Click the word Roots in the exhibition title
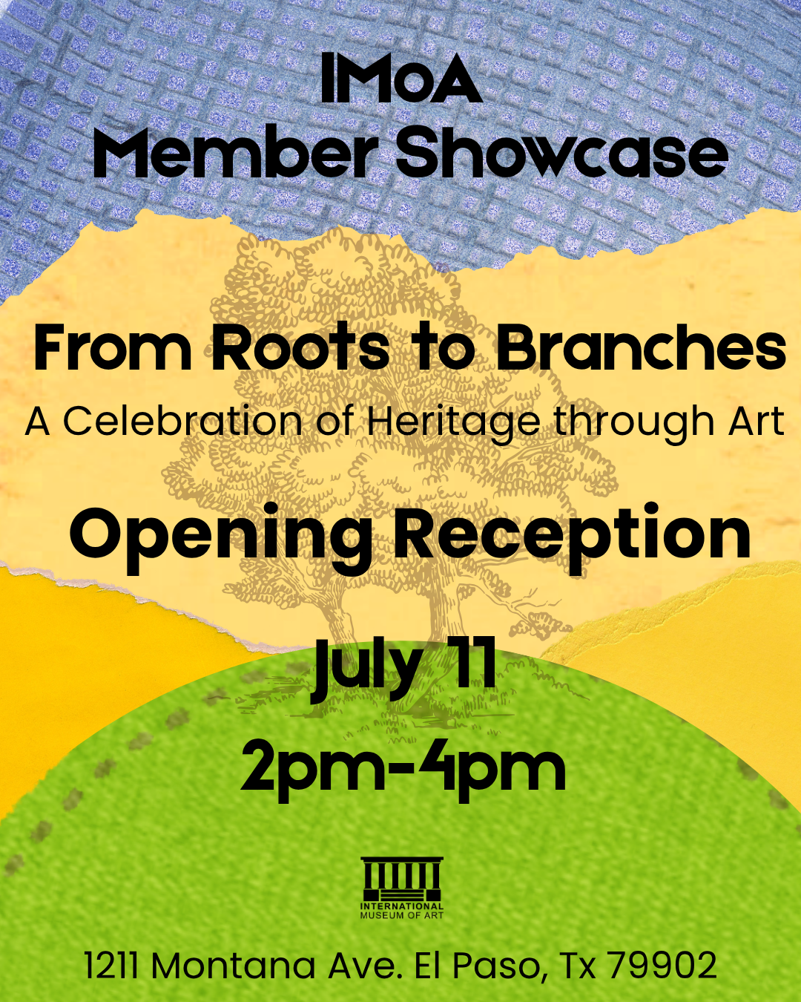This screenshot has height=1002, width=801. [300, 348]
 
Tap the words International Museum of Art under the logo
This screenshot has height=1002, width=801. [402, 911]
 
